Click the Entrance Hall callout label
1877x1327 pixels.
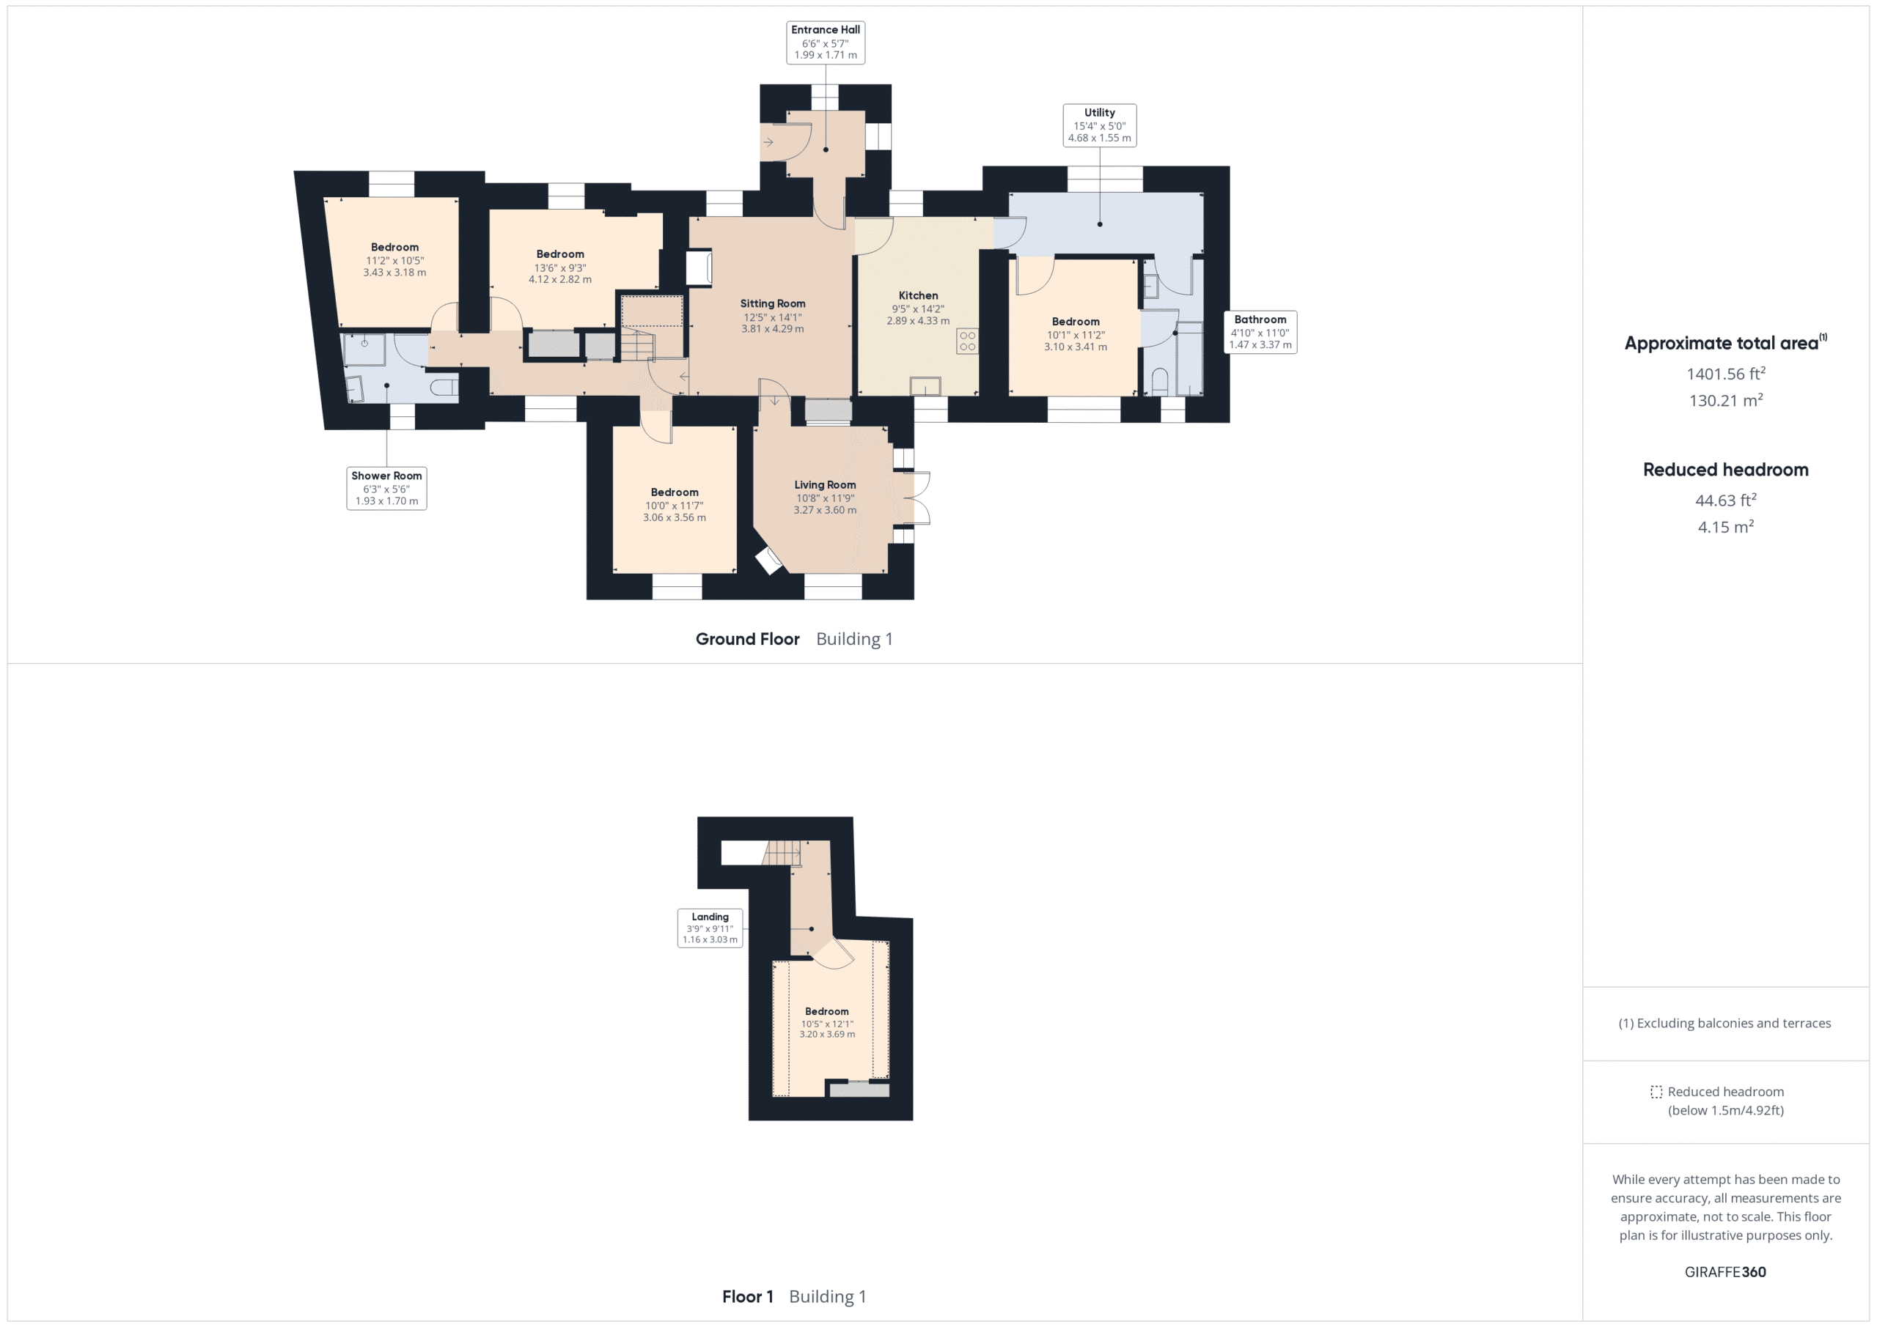coord(825,42)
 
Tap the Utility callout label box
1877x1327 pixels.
coord(1100,125)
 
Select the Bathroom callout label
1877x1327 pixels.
coord(1260,332)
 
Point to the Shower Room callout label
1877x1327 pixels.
coord(386,488)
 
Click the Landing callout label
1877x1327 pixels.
coord(710,928)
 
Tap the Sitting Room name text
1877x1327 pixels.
coord(773,303)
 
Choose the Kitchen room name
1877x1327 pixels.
coord(918,295)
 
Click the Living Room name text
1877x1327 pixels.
coord(825,484)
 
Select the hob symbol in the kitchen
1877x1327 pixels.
coord(967,341)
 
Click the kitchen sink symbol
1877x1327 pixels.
coord(925,385)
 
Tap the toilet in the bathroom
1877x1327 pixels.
coord(1159,382)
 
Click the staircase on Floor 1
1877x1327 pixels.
coord(782,853)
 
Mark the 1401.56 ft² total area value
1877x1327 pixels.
coord(1726,374)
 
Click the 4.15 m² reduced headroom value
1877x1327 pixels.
coord(1726,527)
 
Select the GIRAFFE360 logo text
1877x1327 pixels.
coord(1725,1271)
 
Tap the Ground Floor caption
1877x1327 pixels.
coord(747,639)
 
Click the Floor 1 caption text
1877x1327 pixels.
coord(747,1297)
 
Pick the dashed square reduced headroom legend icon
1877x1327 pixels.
coord(1656,1092)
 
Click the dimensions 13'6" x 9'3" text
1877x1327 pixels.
coord(560,268)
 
